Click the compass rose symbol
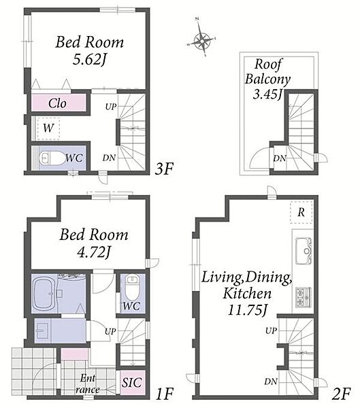click(202, 40)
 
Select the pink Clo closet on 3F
click(59, 103)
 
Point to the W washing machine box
click(49, 128)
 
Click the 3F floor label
click(164, 169)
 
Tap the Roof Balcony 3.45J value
click(268, 95)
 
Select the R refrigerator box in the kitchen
click(301, 212)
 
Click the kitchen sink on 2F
click(304, 251)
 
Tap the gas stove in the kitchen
click(304, 297)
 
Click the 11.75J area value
click(248, 310)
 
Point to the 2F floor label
click(341, 394)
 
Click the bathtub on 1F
click(44, 293)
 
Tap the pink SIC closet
click(132, 382)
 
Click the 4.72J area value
click(94, 252)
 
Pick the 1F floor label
click(164, 394)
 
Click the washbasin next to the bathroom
click(42, 330)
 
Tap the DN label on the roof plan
click(280, 158)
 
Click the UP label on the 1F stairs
click(110, 332)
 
